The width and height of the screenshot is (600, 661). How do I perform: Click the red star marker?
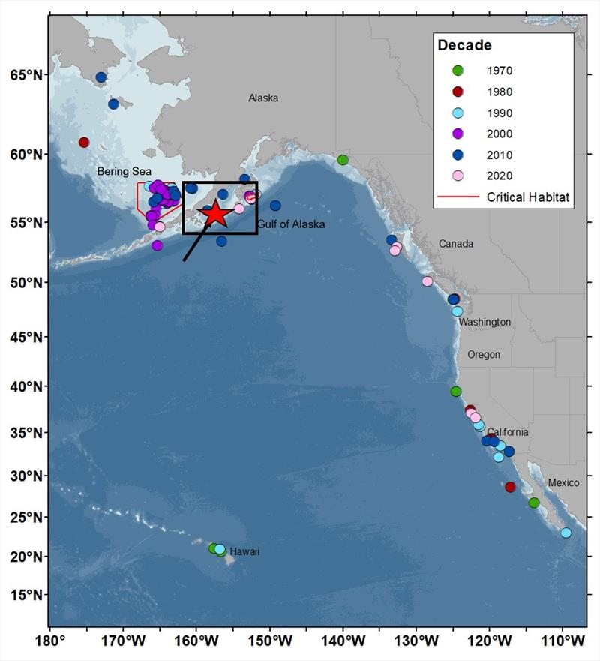coord(214,214)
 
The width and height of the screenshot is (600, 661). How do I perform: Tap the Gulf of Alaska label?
coord(290,224)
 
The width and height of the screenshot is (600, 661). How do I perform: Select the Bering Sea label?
coord(124,172)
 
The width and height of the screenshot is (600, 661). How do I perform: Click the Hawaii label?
coord(244,551)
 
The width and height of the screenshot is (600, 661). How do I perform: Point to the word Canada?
coord(456,244)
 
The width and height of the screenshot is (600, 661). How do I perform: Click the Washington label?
coord(484,322)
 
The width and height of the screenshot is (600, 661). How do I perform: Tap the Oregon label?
coord(484,354)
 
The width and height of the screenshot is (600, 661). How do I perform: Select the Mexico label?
coord(563,482)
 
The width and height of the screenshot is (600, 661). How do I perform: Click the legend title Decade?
coord(465,45)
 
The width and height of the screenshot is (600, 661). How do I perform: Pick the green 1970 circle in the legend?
coord(458,71)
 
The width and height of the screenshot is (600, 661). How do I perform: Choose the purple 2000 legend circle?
coord(458,134)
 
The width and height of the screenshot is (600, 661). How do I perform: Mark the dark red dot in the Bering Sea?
coord(84,143)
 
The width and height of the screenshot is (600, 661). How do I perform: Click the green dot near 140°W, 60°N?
coord(343,160)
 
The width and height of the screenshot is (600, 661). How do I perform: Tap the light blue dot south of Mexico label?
coord(565,533)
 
